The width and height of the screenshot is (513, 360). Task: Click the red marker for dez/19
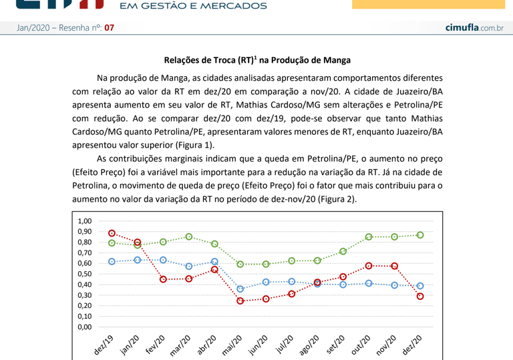point(112,234)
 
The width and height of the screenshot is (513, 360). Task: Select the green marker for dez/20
point(420,235)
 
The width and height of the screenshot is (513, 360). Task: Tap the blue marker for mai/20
point(240,289)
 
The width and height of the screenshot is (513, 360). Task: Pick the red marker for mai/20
point(240,301)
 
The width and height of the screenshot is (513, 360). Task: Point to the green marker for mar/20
point(189,237)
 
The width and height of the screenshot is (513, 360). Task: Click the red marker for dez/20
point(420,297)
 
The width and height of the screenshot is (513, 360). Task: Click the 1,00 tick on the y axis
point(84,221)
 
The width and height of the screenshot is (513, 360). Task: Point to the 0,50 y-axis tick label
point(84,274)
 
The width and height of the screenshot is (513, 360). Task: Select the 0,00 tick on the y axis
point(84,327)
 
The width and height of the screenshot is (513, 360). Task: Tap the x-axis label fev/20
point(156,345)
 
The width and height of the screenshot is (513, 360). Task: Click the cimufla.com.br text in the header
point(474,27)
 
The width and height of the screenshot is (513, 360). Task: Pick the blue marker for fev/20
point(164,260)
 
